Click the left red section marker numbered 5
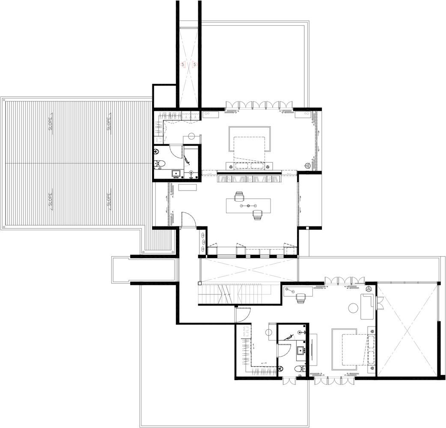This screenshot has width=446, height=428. (183, 65)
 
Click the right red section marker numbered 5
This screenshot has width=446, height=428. (195, 65)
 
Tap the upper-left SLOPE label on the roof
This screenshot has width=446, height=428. (51, 124)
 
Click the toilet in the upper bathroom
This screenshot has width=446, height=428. (160, 163)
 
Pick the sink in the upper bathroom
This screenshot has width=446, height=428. (175, 173)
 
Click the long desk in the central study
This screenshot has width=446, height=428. (248, 205)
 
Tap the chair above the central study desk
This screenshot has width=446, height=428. (239, 196)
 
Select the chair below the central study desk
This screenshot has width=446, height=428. (257, 215)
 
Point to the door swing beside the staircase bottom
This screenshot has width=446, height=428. (243, 315)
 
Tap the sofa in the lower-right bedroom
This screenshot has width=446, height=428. (367, 306)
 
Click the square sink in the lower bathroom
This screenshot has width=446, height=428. (300, 351)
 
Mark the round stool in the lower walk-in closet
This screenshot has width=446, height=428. (269, 332)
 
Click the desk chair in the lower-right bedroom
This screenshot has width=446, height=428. (300, 299)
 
